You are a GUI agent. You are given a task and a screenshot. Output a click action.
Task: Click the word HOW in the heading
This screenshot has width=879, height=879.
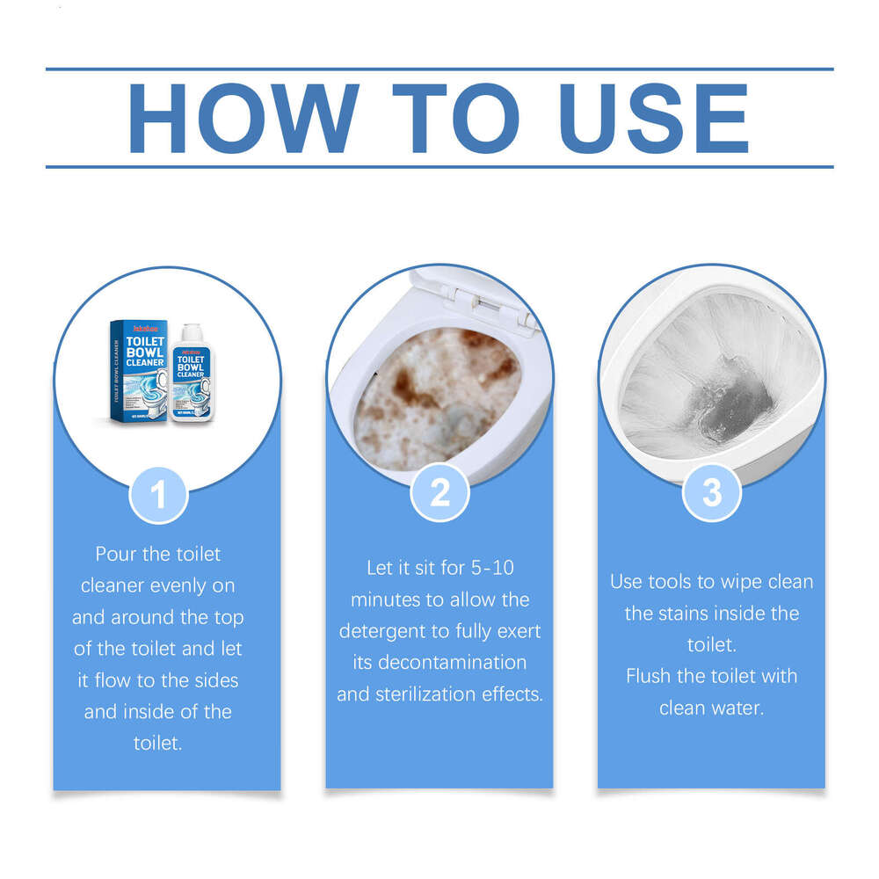243,119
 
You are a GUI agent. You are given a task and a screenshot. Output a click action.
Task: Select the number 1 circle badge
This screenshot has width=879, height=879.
158,495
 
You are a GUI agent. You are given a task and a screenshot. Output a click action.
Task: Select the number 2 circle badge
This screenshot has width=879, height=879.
439,493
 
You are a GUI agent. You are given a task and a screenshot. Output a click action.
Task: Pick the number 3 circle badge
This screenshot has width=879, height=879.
711,493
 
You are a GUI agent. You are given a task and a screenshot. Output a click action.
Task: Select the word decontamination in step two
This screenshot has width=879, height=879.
451,663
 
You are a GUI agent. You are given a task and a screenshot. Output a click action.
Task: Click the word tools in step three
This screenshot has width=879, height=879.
669,582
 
